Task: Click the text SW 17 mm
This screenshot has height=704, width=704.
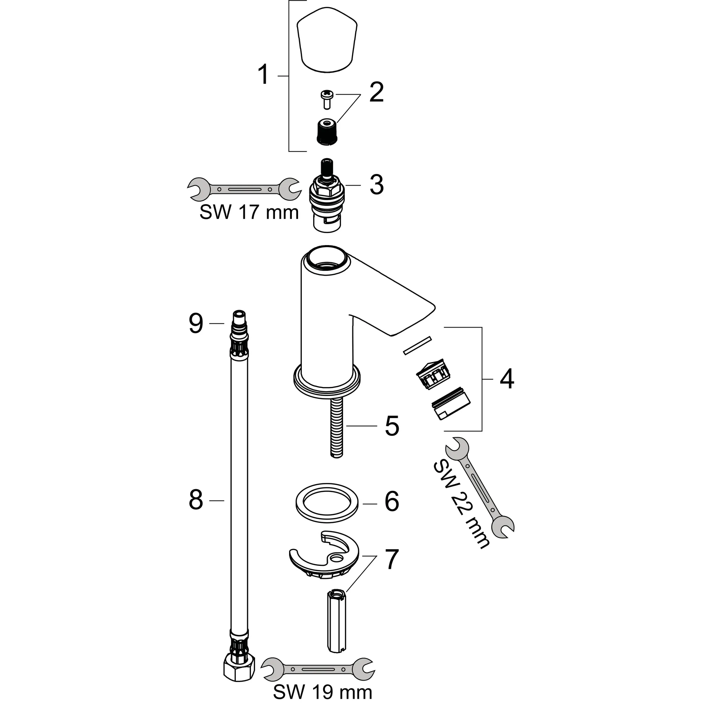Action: (x=249, y=212)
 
